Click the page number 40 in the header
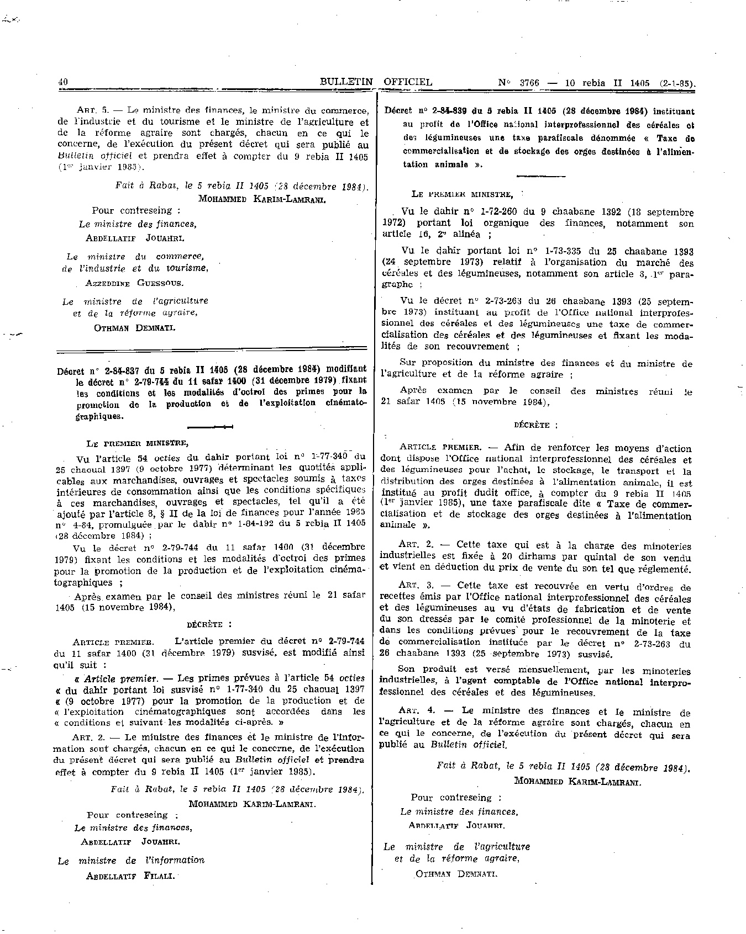pos(62,82)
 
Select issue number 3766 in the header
pos(529,83)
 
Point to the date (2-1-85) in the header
pos(677,84)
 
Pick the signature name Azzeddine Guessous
pos(134,283)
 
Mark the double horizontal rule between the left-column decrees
pos(212,348)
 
